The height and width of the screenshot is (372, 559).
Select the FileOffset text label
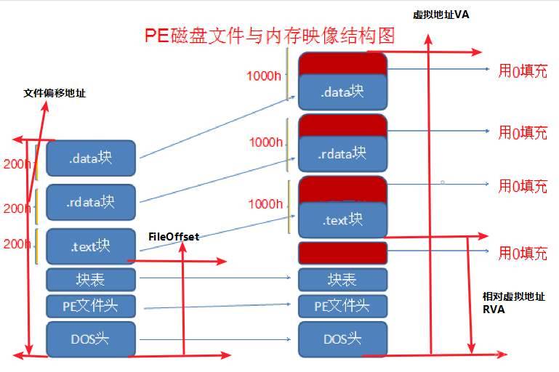tap(174, 236)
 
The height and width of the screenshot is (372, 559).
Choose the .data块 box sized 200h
tap(92, 158)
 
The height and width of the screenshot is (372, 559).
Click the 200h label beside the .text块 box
tap(16, 244)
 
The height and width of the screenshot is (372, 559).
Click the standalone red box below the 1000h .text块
tap(342, 253)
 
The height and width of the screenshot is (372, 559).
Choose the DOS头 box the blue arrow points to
tap(342, 339)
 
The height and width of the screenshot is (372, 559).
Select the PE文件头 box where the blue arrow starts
tap(92, 306)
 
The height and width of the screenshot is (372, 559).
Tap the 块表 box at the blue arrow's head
tap(342, 278)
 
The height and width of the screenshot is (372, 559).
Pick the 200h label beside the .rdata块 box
tap(16, 208)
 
